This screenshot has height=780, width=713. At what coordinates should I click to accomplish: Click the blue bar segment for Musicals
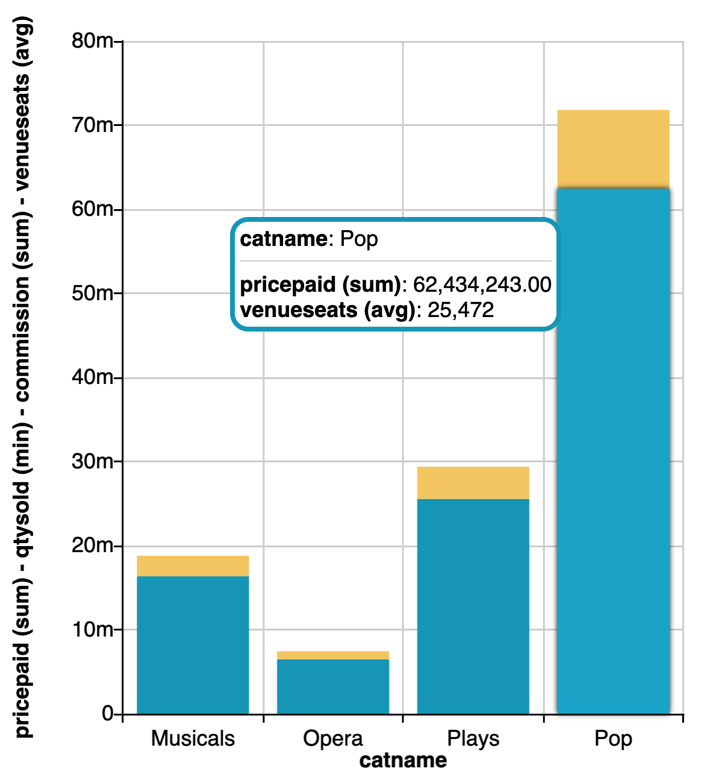[x=193, y=645]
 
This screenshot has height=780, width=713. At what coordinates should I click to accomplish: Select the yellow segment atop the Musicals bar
[x=193, y=566]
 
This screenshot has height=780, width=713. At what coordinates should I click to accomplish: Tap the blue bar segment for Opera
[x=333, y=687]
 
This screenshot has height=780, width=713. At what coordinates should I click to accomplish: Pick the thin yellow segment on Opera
[x=333, y=655]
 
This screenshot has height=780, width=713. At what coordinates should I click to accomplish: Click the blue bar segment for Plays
[x=473, y=606]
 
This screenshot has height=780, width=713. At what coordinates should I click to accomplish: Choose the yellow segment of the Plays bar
[x=473, y=483]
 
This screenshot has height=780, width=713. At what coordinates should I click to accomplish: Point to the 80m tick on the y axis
[x=92, y=41]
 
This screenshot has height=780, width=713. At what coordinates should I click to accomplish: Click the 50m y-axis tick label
[x=92, y=294]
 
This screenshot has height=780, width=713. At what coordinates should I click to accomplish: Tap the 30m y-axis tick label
[x=92, y=462]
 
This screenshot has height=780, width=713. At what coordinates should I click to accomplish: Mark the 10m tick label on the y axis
[x=92, y=630]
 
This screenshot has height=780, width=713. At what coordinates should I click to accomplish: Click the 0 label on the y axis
[x=108, y=714]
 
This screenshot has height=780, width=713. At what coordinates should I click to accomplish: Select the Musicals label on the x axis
[x=193, y=738]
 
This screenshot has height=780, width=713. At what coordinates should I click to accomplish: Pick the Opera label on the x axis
[x=333, y=738]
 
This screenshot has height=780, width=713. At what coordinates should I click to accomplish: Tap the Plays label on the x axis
[x=473, y=738]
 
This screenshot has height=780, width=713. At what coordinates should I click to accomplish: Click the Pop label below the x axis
[x=613, y=738]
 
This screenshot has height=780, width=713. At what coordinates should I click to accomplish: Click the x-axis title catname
[x=403, y=761]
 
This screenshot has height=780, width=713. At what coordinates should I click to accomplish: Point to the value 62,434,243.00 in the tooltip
[x=482, y=285]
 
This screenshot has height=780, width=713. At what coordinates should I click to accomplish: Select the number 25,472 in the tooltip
[x=461, y=310]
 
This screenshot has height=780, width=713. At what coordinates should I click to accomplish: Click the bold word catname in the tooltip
[x=284, y=239]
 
